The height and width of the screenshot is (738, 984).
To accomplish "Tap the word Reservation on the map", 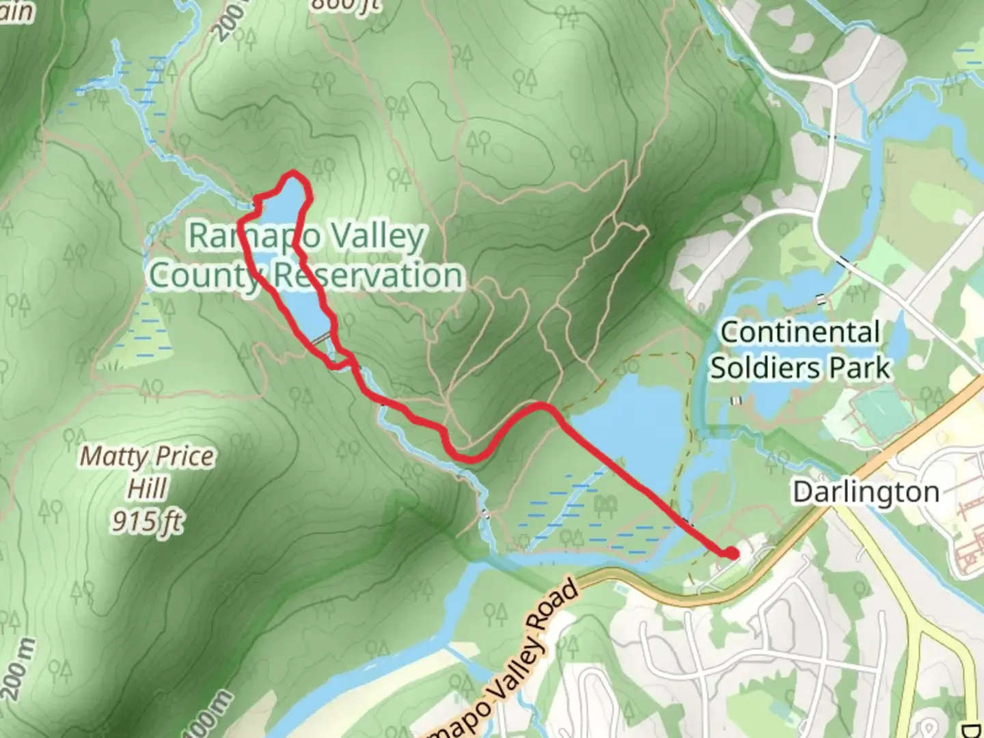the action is coord(368,275).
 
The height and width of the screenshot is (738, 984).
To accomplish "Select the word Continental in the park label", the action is coord(800,333).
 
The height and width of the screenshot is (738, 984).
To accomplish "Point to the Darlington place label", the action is coord(866,492).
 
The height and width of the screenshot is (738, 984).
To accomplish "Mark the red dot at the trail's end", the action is coord(732,553).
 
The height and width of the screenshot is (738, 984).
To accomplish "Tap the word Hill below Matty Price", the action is coord(147,489).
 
